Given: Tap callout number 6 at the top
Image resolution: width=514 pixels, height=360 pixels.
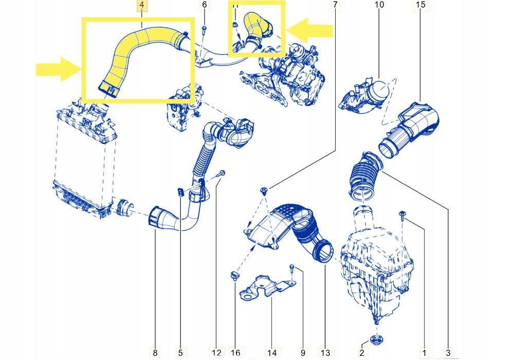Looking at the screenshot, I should (x=204, y=6).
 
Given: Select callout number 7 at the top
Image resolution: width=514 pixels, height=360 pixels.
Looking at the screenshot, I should (x=335, y=6).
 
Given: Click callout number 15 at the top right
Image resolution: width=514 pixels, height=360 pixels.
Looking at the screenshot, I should (x=420, y=6).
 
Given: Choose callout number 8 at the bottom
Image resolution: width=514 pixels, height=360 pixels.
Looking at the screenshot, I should (x=156, y=352).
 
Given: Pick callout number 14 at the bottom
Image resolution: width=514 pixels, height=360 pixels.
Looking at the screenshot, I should (x=272, y=352).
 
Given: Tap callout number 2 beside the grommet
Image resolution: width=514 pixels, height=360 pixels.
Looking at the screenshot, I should (x=362, y=352).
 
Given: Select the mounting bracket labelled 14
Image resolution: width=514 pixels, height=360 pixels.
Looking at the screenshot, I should (x=266, y=288).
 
